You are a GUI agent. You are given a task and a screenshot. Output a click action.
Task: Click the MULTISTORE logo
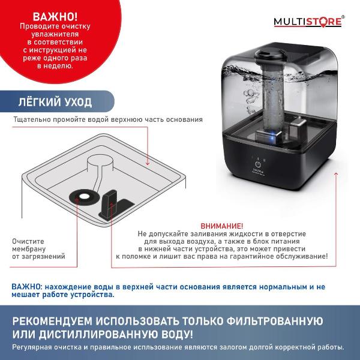(308, 22)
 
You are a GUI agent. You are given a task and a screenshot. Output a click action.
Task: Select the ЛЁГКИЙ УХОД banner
(55, 101)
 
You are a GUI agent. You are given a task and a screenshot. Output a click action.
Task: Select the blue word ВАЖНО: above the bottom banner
(26, 286)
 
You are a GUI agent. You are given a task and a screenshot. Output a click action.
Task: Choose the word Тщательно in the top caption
(31, 119)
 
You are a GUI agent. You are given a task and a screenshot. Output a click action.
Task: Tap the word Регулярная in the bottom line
(31, 347)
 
